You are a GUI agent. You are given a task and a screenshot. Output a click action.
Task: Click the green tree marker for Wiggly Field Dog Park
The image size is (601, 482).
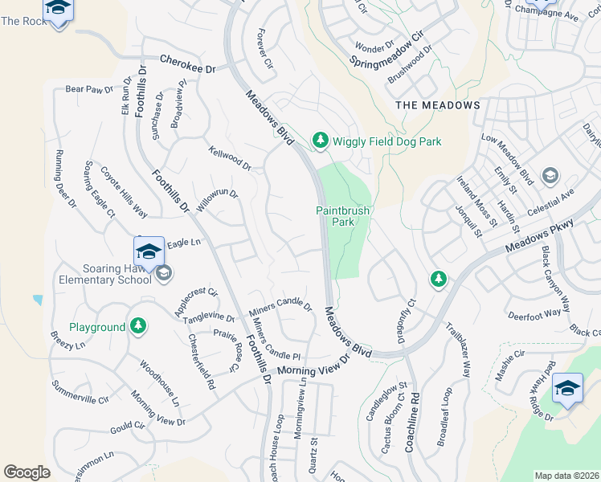[x=321, y=141]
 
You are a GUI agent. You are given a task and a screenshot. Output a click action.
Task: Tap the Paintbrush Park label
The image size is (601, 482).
[x=342, y=216]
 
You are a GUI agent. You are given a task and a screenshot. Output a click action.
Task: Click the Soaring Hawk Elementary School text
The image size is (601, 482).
[x=104, y=274]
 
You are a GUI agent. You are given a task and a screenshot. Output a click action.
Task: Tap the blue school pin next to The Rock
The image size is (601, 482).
[x=59, y=10]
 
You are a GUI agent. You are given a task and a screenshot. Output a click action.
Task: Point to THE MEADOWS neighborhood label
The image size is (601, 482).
[x=438, y=105]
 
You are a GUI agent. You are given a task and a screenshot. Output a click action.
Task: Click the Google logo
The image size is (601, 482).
[x=27, y=472]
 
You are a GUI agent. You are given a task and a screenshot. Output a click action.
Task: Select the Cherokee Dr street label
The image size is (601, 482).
[x=189, y=64]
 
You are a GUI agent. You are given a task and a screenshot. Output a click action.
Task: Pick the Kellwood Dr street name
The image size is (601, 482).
[x=230, y=158]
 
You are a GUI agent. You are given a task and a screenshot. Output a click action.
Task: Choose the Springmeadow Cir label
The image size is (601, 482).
[x=386, y=49]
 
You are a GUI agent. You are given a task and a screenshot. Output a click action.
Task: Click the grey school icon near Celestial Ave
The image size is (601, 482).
[x=550, y=175]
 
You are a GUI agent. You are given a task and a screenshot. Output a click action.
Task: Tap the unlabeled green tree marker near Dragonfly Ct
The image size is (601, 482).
[x=438, y=279]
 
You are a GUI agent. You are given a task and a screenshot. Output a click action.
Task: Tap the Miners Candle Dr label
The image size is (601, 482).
[x=280, y=307]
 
